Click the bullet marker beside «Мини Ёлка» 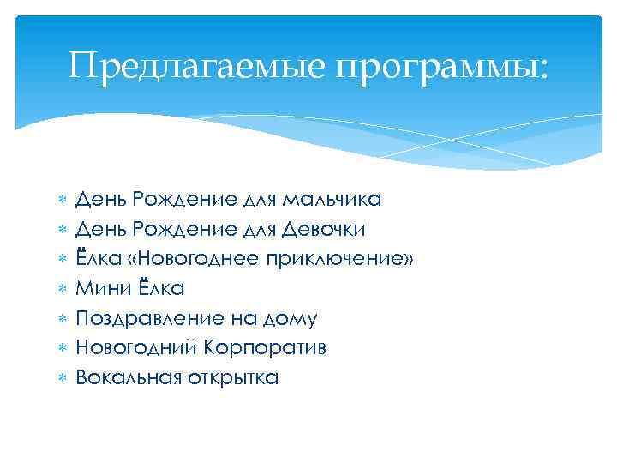point(62,289)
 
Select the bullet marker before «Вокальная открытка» point(62,377)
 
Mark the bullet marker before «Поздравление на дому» point(62,318)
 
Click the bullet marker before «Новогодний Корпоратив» point(62,348)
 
